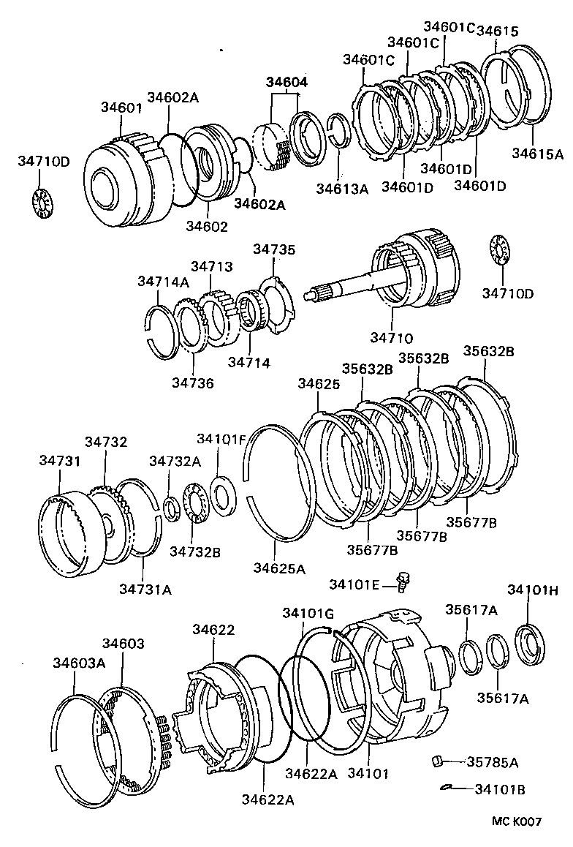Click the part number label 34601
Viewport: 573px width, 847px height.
coord(121,108)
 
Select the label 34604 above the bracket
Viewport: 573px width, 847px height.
coord(286,83)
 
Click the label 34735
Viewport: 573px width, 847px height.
coord(274,250)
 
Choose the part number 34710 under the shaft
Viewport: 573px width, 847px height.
coord(391,338)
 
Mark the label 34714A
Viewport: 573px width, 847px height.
coord(163,282)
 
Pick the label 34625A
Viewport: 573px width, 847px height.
coord(279,567)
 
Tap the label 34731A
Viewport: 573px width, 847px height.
coord(145,589)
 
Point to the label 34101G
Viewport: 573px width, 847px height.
coord(308,612)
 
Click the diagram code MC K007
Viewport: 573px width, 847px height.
coord(516,821)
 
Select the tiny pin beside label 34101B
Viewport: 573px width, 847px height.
coord(448,788)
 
